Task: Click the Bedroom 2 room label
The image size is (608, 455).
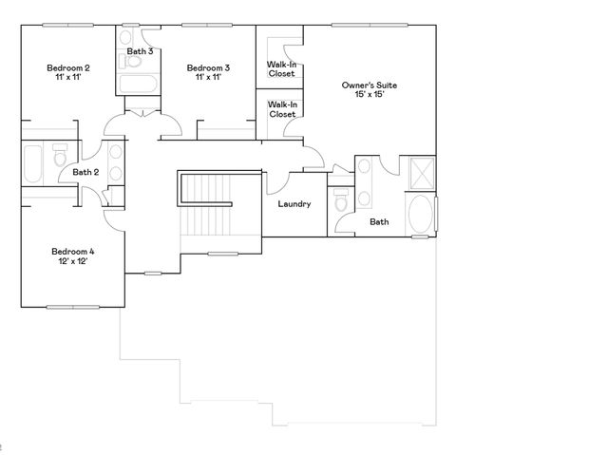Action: pyautogui.click(x=68, y=67)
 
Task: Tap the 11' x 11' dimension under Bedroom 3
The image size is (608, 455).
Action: pyautogui.click(x=207, y=79)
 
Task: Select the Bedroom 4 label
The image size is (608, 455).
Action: pyautogui.click(x=72, y=251)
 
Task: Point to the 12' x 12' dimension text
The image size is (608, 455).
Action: pyautogui.click(x=72, y=263)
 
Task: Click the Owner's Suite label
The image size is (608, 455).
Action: pyautogui.click(x=370, y=85)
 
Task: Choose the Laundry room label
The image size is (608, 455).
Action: pyautogui.click(x=294, y=204)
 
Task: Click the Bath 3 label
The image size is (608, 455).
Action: pyautogui.click(x=140, y=50)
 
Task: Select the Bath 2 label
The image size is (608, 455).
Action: pyautogui.click(x=85, y=172)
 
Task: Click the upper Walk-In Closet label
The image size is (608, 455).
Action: pyautogui.click(x=281, y=68)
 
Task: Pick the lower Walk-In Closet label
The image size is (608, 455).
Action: pyautogui.click(x=281, y=109)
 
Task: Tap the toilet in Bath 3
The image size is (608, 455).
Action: pyautogui.click(x=132, y=63)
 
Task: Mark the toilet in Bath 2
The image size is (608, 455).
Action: pyautogui.click(x=60, y=153)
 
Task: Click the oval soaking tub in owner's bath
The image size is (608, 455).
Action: pyautogui.click(x=421, y=214)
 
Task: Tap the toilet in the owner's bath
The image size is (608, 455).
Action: pyautogui.click(x=341, y=204)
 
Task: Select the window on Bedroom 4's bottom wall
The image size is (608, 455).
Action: pyautogui.click(x=72, y=307)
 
